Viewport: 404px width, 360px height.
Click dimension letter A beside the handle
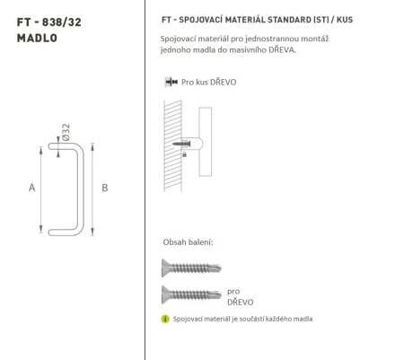[31, 188]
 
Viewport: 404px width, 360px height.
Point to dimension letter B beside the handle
[105, 188]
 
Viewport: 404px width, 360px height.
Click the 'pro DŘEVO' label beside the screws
[238, 296]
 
